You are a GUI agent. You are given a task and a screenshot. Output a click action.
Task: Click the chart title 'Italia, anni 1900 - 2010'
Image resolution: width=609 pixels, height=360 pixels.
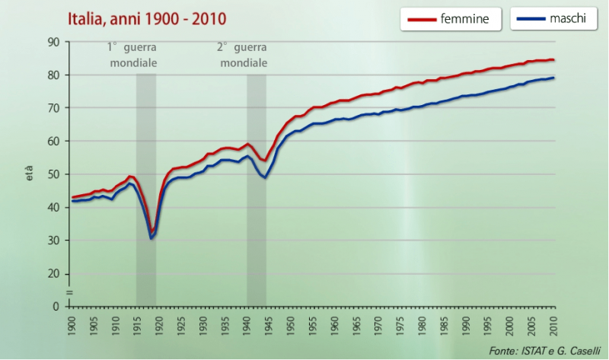point(146,18)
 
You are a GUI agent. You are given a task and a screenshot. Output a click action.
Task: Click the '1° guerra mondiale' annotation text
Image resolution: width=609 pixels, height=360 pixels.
point(133,55)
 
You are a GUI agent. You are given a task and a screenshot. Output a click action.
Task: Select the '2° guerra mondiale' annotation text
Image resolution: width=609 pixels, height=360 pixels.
point(244,55)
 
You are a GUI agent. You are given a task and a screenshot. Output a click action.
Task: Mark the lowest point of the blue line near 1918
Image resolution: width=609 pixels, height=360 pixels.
point(151,238)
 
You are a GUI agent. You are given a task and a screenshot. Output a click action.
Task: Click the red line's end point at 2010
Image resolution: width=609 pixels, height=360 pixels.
point(553,59)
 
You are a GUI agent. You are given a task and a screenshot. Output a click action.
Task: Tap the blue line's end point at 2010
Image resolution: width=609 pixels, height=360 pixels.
point(553,78)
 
